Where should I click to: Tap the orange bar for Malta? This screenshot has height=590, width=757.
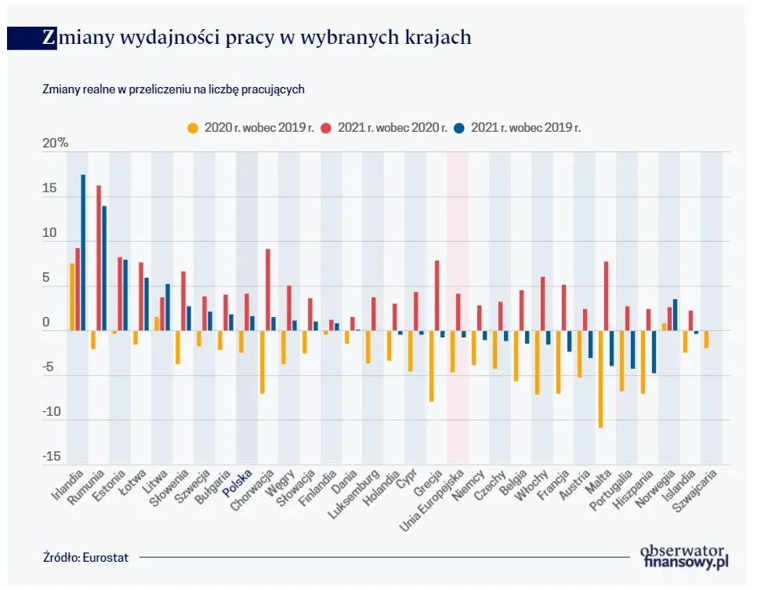(601, 379)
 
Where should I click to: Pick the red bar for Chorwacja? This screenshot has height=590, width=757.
(268, 290)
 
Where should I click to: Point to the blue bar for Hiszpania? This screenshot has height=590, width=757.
(654, 351)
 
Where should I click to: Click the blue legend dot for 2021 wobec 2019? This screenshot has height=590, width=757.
(461, 127)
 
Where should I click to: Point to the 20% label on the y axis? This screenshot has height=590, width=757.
(56, 144)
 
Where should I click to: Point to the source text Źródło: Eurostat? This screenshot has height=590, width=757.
(86, 557)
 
